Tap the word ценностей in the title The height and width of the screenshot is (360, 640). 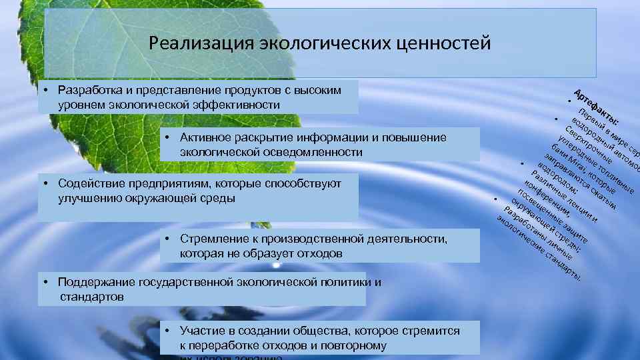coord(446,43)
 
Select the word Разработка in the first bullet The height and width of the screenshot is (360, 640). coord(89,90)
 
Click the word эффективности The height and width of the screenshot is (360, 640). coord(236,105)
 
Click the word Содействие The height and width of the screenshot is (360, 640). coord(91,183)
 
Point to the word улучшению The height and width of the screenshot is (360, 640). coord(89,199)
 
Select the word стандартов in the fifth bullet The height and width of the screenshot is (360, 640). coord(91,297)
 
